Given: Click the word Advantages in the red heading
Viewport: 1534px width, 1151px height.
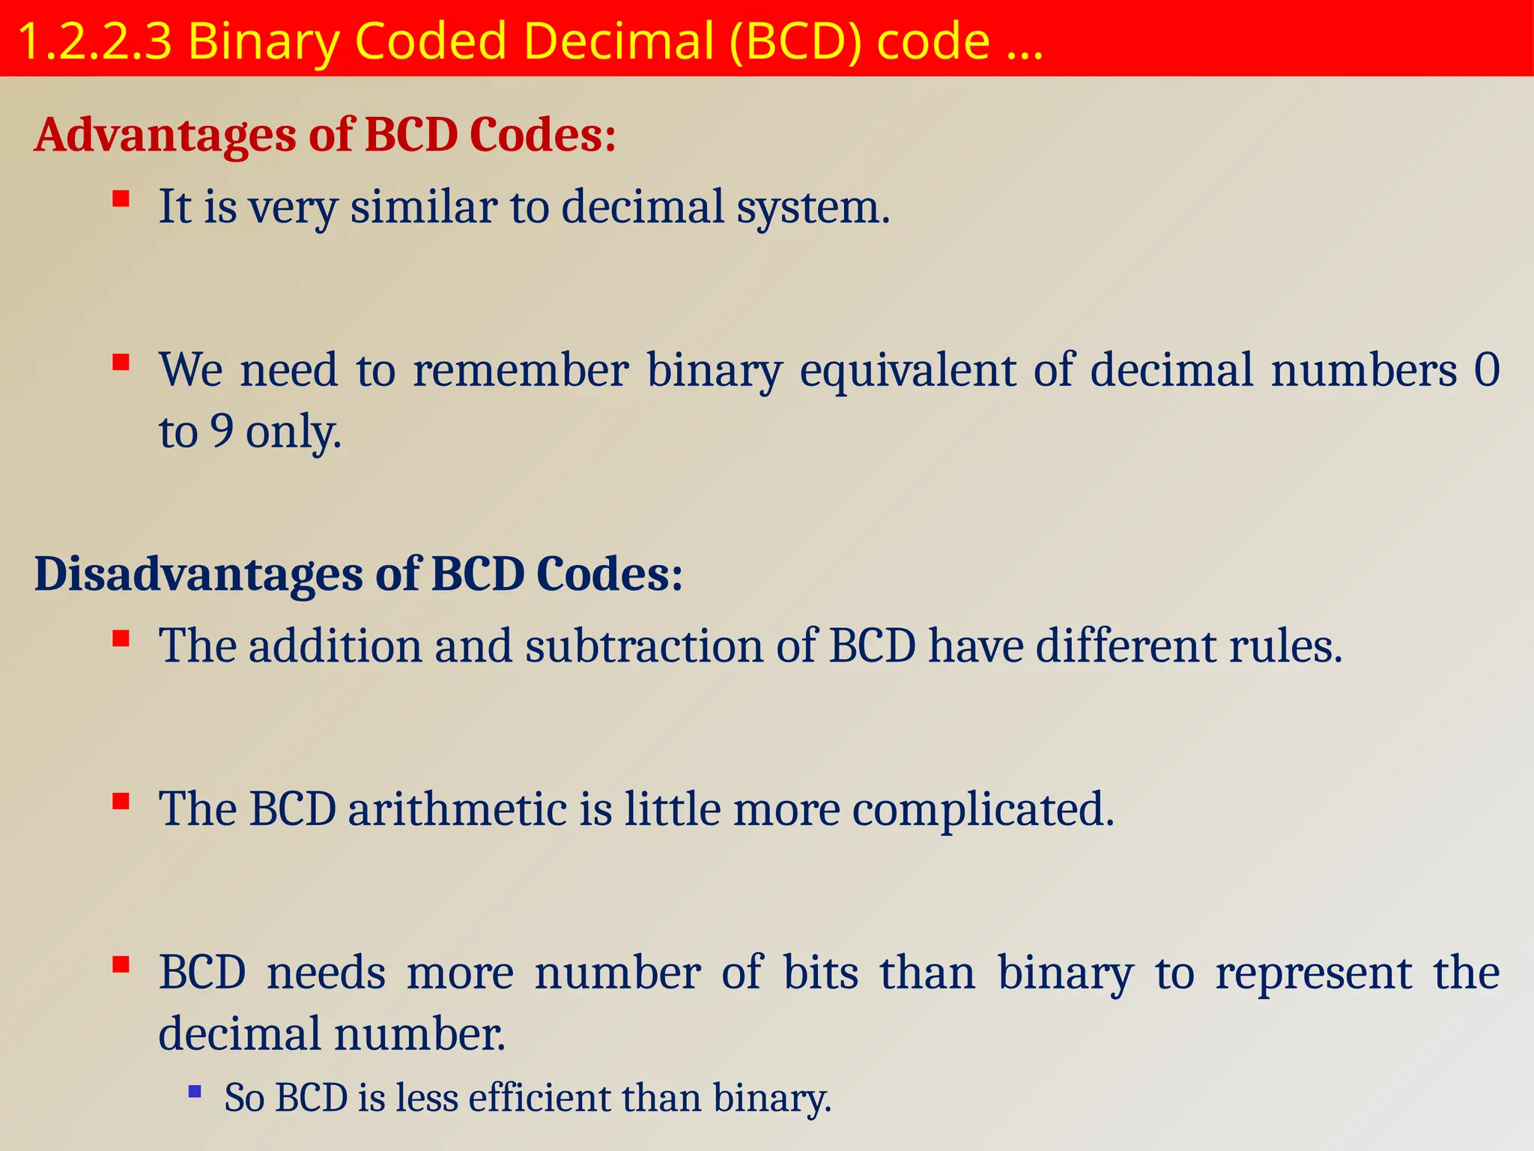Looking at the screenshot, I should pyautogui.click(x=165, y=136).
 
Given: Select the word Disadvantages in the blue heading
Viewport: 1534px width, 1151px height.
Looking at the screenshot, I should pyautogui.click(x=198, y=575).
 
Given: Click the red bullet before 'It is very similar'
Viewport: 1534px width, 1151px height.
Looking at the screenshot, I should pyautogui.click(x=121, y=199).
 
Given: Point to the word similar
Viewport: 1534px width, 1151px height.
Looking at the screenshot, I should pyautogui.click(x=424, y=207).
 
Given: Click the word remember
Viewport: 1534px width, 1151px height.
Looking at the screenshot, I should pyautogui.click(x=521, y=370).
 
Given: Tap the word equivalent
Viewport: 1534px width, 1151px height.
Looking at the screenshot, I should pyautogui.click(x=908, y=370).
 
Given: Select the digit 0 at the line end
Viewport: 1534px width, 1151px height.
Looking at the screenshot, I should pyautogui.click(x=1486, y=370).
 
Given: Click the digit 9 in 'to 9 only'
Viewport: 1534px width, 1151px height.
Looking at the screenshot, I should pyautogui.click(x=222, y=431).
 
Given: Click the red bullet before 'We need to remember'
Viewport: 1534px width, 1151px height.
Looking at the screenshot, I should pyautogui.click(x=121, y=363).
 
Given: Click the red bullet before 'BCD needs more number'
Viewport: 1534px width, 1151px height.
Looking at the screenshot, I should pyautogui.click(x=121, y=964).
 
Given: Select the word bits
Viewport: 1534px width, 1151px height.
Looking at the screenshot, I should pyautogui.click(x=821, y=973).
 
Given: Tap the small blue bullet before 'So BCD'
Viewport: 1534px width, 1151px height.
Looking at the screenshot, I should pyautogui.click(x=195, y=1092).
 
